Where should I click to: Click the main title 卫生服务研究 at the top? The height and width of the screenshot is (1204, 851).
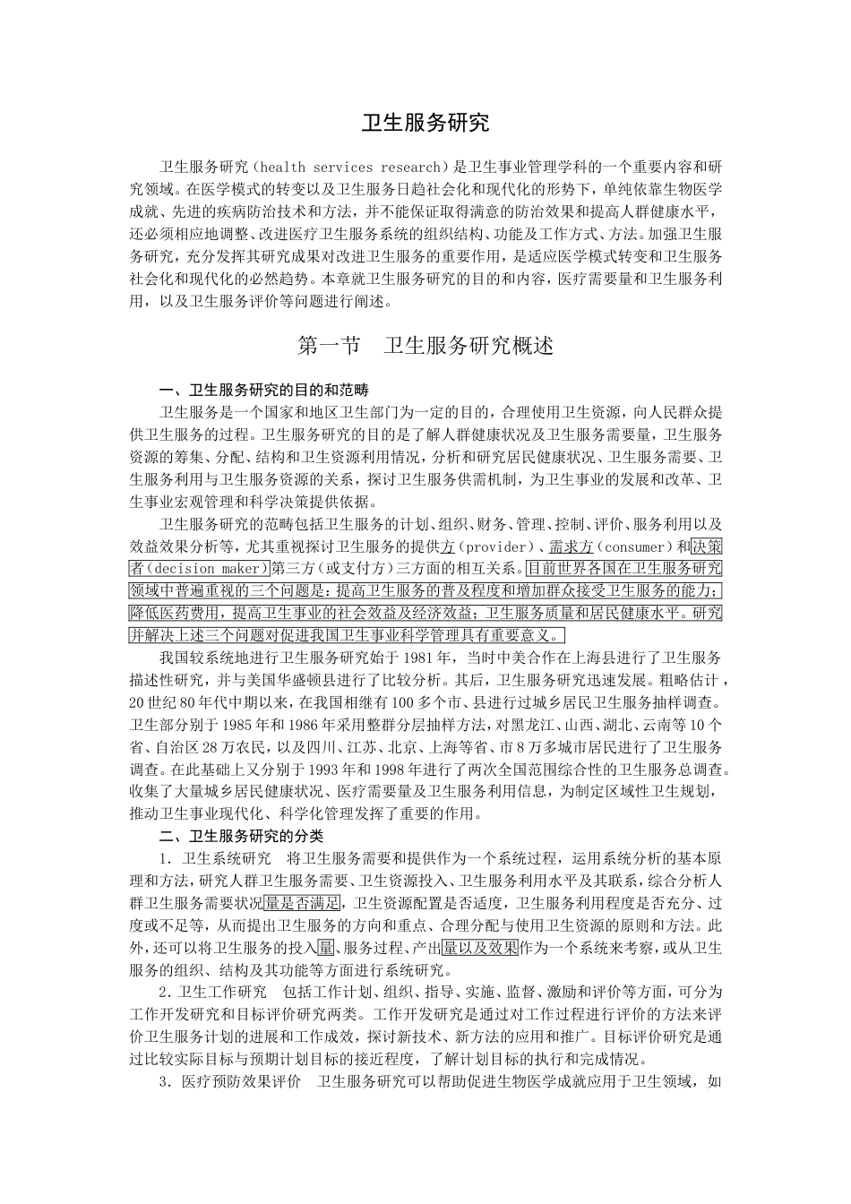pos(425,123)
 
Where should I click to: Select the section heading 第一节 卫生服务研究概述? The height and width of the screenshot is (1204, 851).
pos(425,346)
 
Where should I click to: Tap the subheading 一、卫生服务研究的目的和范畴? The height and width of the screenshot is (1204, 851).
pos(263,391)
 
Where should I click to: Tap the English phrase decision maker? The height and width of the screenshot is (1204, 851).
pos(211,569)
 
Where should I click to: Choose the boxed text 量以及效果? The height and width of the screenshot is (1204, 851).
pos(480,948)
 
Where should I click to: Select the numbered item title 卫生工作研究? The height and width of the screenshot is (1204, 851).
pos(222,993)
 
